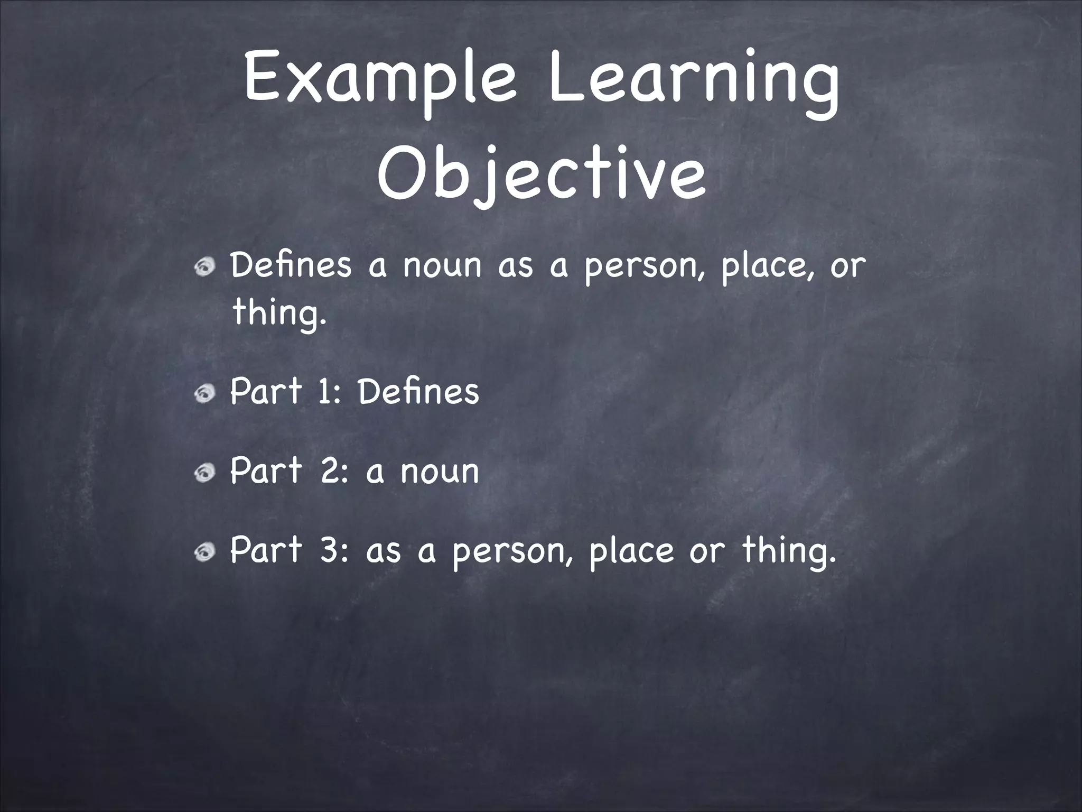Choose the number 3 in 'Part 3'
(x=328, y=550)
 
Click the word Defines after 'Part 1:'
(x=418, y=392)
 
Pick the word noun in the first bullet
(x=443, y=266)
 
